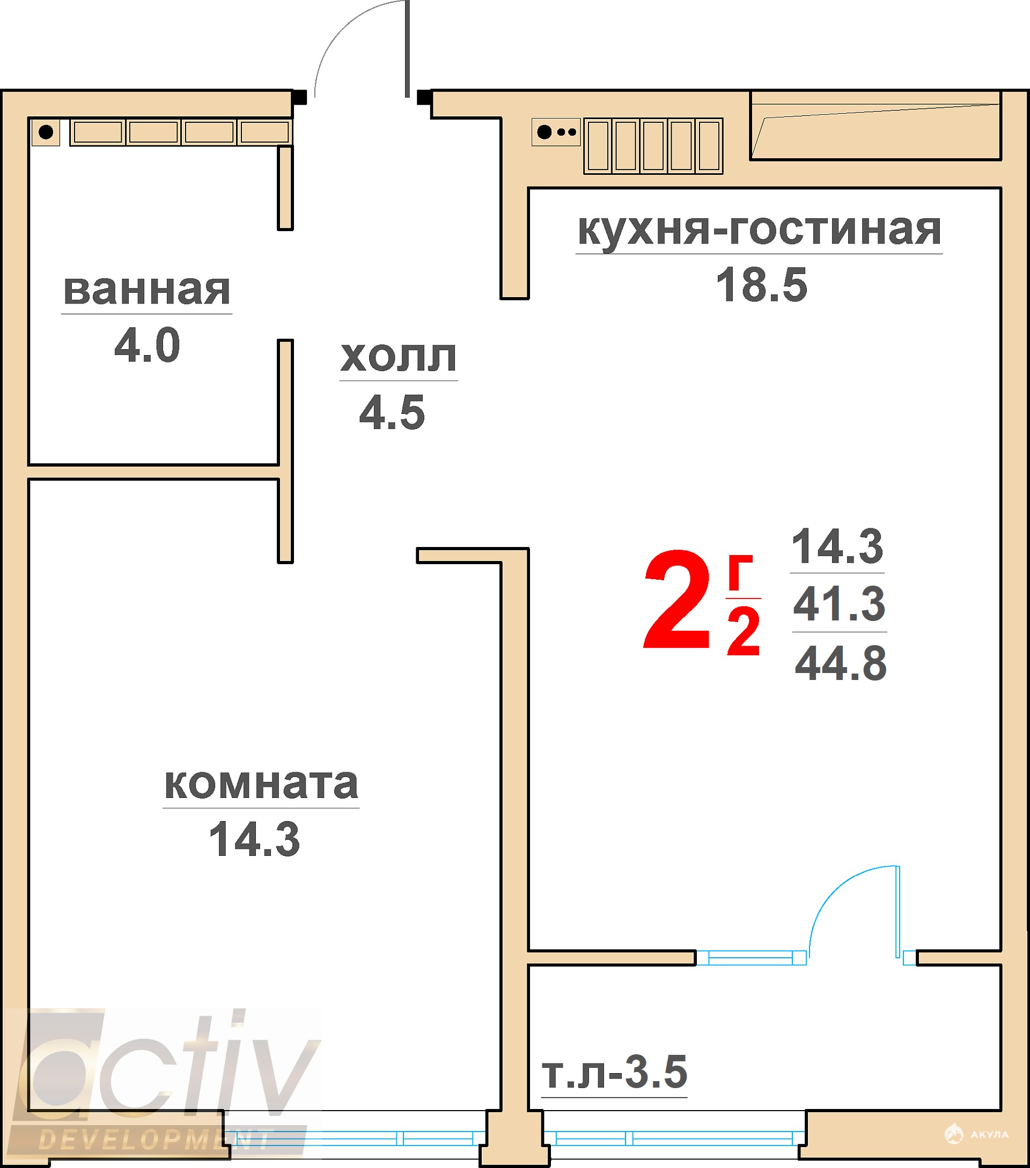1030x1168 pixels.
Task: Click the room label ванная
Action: coord(147,290)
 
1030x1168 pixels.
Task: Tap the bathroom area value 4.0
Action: coord(147,345)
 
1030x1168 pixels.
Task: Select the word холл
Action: coord(399,357)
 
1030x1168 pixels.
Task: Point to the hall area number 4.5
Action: coord(392,412)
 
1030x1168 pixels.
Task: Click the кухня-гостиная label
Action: coord(759,230)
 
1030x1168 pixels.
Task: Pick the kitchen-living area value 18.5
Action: coord(761,285)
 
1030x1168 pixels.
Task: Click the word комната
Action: coord(261,784)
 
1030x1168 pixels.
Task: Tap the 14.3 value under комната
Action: coord(254,839)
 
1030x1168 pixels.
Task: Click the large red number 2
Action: coord(677,600)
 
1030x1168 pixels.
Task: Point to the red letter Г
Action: coord(740,573)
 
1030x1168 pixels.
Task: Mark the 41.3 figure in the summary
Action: coord(839,603)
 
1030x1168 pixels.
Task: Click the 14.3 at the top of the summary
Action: coord(837,546)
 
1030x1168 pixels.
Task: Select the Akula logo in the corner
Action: coord(976,1134)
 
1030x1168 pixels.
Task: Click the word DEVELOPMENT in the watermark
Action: coord(154,1140)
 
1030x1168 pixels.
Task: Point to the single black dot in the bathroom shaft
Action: coord(46,132)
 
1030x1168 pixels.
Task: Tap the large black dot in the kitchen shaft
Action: coord(545,132)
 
